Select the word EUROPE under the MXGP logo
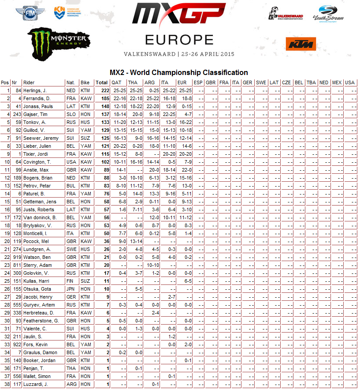pyautogui.click(x=179, y=40)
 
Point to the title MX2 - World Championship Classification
pyautogui.click(x=178, y=72)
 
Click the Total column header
pyautogui.click(x=102, y=82)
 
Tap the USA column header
pyautogui.click(x=349, y=82)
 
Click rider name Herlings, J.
pyautogui.click(x=38, y=90)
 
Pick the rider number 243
pyautogui.click(x=17, y=114)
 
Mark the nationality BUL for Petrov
pyautogui.click(x=71, y=186)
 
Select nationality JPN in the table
pyautogui.click(x=71, y=289)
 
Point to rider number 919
pyautogui.click(x=17, y=257)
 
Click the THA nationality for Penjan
pyautogui.click(x=71, y=368)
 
